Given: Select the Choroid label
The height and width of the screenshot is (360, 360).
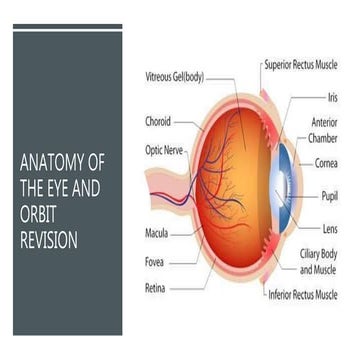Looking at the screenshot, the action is click(x=158, y=121).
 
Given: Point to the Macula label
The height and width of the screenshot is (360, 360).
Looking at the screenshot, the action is click(x=156, y=237).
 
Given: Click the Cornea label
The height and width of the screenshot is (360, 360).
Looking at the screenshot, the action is click(x=326, y=162).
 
